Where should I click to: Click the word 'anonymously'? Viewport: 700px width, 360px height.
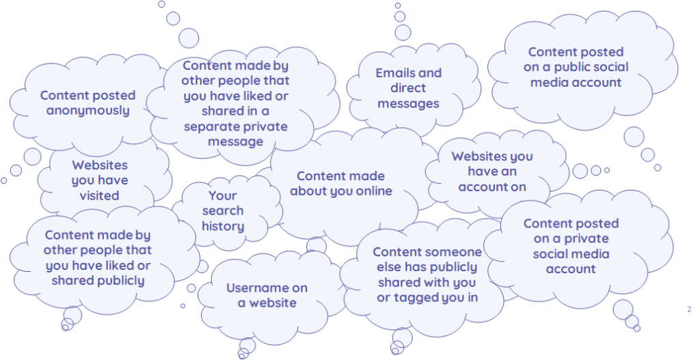coord(87,111)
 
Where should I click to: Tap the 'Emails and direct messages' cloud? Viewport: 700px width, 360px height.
coord(408,89)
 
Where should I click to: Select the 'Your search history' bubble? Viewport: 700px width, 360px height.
coord(223,211)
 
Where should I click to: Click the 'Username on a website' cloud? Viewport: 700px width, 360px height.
coord(267,295)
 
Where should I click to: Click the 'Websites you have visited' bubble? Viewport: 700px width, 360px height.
coord(100,180)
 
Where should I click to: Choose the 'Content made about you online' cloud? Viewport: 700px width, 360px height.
coord(340,184)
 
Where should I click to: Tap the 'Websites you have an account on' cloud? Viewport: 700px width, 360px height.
coord(492,171)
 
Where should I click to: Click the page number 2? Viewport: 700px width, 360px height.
coord(689,309)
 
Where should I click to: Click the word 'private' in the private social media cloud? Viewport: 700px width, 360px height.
coord(586,238)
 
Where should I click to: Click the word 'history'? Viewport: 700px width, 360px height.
coord(223,226)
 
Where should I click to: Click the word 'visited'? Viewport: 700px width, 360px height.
coord(100,195)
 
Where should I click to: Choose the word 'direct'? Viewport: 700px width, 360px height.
coord(408,88)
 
